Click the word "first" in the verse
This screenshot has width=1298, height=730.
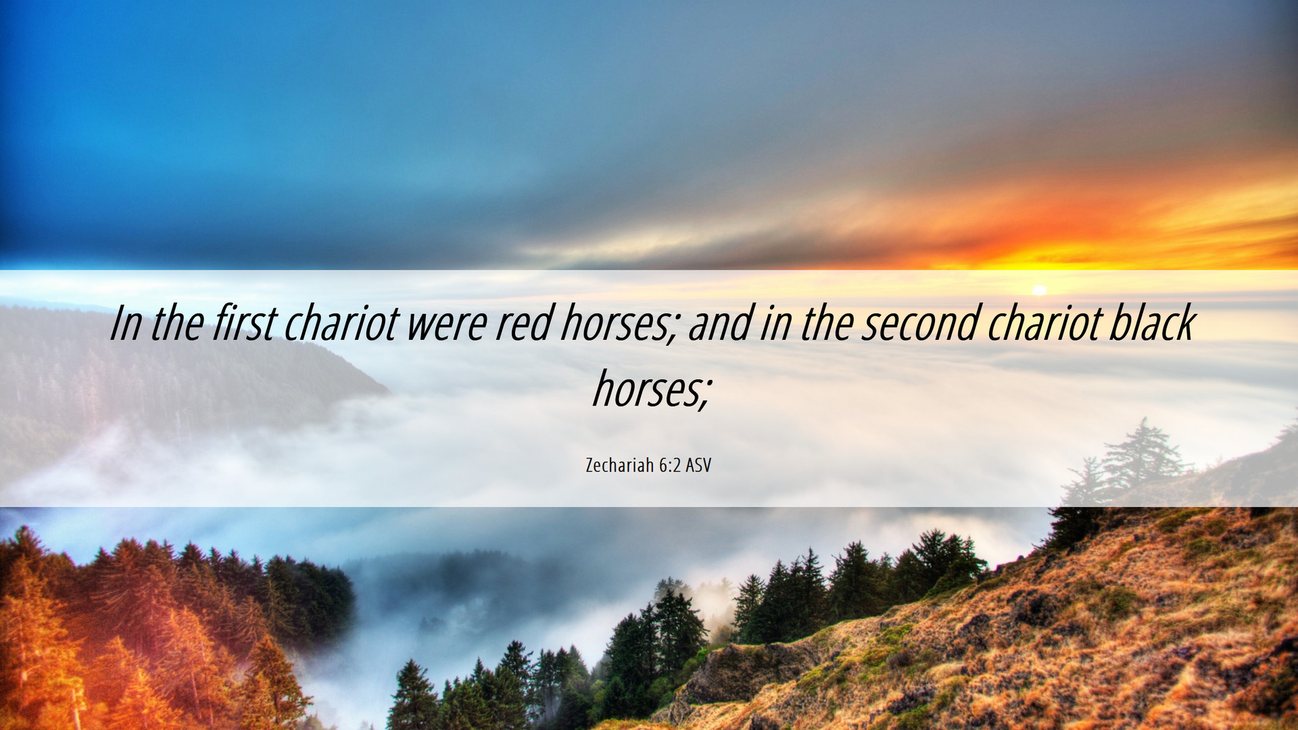point(245,322)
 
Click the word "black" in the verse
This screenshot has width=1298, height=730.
point(1152,322)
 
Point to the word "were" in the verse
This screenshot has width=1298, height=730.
point(447,323)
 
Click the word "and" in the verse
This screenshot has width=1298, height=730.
point(720,322)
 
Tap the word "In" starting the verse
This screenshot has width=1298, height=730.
point(126,323)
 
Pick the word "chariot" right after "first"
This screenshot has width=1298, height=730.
point(342,322)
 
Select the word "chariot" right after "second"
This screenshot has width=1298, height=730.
point(1045,322)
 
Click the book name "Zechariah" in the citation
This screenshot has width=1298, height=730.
point(619,465)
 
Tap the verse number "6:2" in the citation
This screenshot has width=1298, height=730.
point(669,465)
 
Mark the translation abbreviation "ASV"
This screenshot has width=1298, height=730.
point(698,465)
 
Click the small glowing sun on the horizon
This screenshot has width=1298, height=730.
point(1040,290)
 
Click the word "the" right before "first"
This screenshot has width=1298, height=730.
point(177,322)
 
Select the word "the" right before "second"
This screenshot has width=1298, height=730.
point(828,322)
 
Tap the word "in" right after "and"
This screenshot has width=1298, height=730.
point(776,323)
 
